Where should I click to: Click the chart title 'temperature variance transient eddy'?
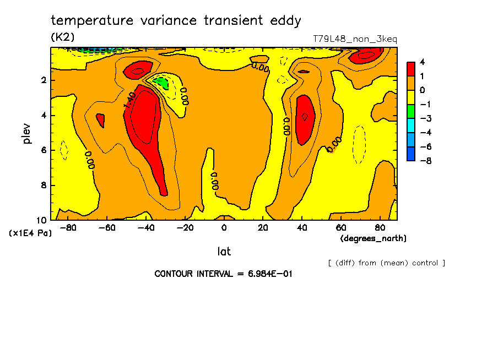176,21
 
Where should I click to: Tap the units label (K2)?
62,37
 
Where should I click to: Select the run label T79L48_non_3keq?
355,39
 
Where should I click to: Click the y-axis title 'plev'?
26,133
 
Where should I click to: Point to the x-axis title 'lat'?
224,252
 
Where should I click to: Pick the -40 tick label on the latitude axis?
144,228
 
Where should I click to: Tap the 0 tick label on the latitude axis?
224,228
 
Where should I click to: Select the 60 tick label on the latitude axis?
341,228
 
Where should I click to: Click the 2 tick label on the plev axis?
43,80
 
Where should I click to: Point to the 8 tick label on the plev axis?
43,186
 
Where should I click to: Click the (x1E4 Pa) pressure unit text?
30,233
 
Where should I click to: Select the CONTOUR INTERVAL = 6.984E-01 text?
223,274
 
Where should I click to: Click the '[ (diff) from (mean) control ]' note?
386,263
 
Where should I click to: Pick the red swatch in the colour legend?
410,69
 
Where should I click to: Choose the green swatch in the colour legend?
410,111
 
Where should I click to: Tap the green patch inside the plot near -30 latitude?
161,83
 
